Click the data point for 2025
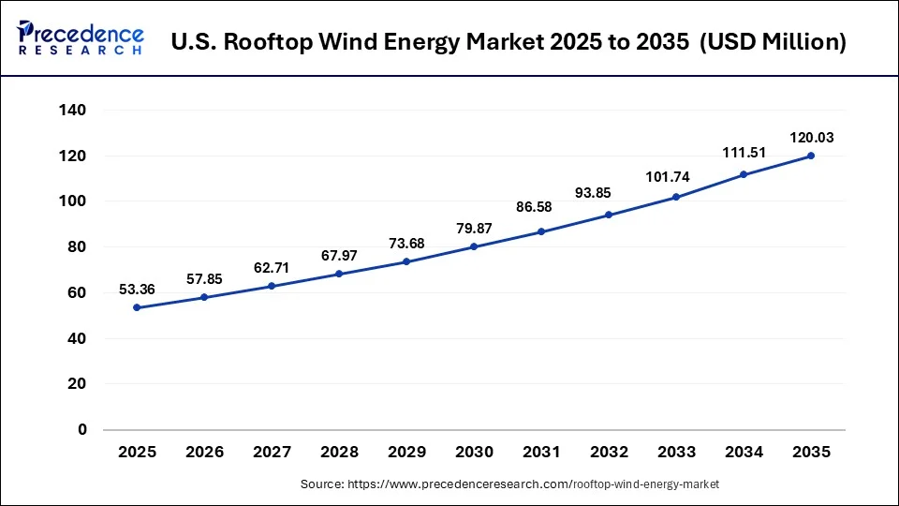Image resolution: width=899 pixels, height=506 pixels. tap(137, 307)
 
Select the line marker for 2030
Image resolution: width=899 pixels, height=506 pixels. tap(474, 246)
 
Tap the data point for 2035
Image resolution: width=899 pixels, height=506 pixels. tap(811, 156)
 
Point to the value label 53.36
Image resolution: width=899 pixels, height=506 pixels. tap(137, 290)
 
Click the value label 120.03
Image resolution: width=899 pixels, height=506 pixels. tap(811, 138)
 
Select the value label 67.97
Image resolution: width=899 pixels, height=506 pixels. tap(339, 256)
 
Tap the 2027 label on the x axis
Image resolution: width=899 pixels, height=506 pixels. tap(272, 452)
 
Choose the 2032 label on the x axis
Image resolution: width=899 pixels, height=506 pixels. tap(609, 452)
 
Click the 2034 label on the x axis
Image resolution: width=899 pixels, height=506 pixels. tap(744, 452)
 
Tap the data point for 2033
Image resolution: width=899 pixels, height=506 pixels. tap(676, 197)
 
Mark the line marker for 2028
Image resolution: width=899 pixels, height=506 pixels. tap(339, 274)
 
